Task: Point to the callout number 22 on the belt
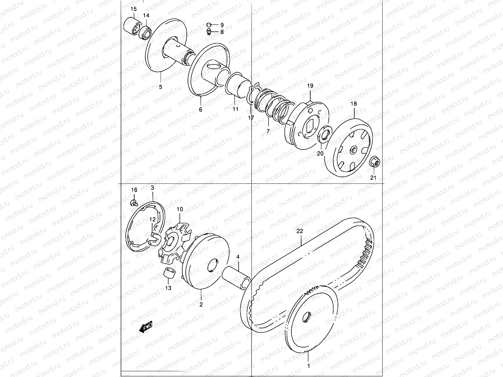(299, 231)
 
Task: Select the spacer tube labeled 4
(235, 277)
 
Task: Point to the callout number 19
(310, 86)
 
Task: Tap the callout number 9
(222, 25)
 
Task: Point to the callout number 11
(235, 109)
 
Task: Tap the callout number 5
(160, 87)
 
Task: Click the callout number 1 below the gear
(308, 366)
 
